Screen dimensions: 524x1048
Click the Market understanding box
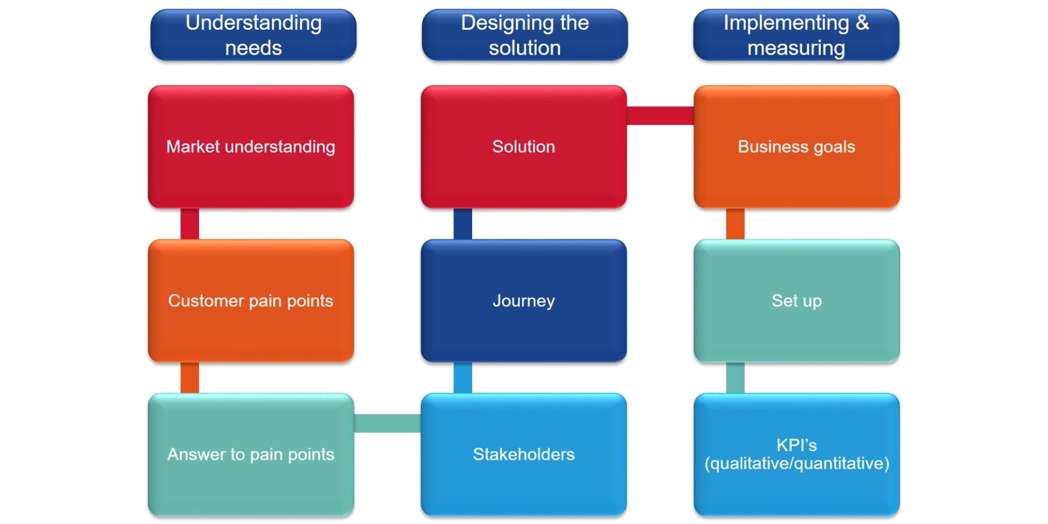[251, 147]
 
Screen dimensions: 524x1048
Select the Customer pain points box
[251, 300]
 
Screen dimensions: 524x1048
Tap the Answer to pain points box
[251, 454]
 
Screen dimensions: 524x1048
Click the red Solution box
[523, 147]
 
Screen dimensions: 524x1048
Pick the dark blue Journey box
[523, 300]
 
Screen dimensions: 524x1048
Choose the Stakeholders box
[523, 454]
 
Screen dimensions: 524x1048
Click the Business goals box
[796, 147]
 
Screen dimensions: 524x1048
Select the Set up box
[796, 300]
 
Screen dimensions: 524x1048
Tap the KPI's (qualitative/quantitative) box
[796, 454]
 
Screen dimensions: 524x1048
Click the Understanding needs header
[253, 35]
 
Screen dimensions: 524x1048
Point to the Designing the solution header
[525, 35]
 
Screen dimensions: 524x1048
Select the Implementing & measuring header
[796, 35]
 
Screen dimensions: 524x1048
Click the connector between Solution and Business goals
[660, 115]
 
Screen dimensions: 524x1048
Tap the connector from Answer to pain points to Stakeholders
[387, 423]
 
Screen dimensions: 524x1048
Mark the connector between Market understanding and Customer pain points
[190, 224]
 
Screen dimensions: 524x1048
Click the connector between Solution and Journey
[463, 224]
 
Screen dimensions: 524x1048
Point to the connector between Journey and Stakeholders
[463, 377]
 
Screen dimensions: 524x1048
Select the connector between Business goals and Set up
[735, 224]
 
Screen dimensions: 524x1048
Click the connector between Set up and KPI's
[735, 377]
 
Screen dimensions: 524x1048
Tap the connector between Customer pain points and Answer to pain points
[190, 377]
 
